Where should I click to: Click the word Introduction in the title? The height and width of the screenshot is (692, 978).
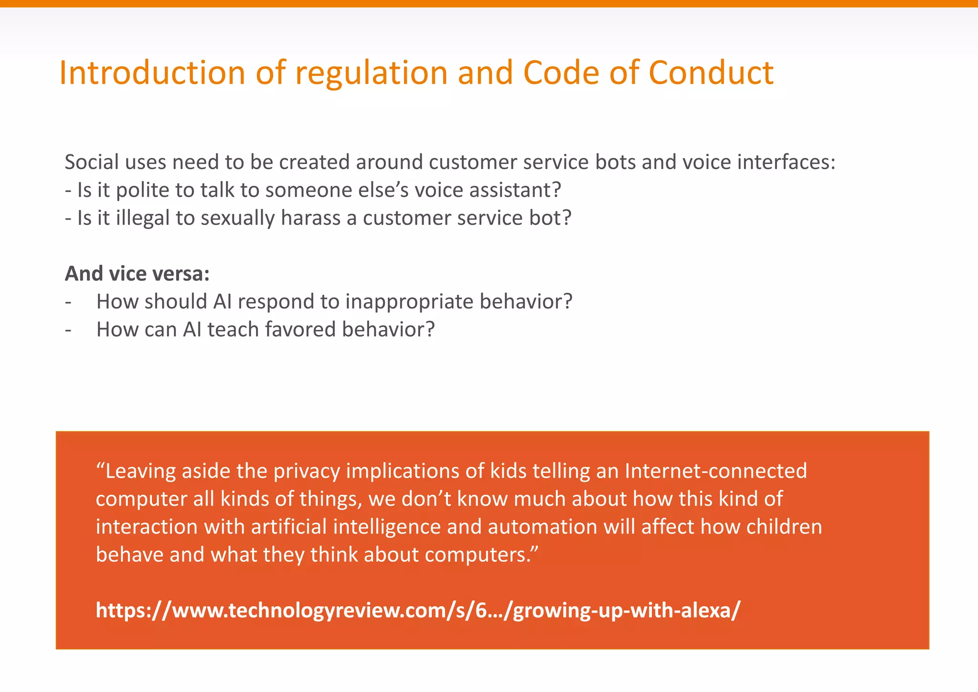click(152, 73)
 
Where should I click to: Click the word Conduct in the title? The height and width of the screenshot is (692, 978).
click(711, 73)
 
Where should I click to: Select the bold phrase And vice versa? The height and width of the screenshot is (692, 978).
click(138, 274)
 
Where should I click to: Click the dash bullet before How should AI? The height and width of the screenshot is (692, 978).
click(69, 302)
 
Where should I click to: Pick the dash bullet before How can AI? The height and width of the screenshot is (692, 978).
click(69, 330)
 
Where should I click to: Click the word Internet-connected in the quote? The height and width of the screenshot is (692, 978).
click(715, 471)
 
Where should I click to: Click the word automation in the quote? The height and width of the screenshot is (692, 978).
click(542, 527)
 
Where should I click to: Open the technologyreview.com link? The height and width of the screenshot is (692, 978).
click(418, 610)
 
